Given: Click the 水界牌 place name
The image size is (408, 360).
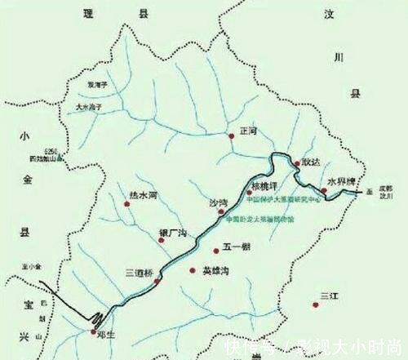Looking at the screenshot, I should (x=341, y=180).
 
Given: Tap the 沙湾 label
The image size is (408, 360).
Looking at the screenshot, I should (x=219, y=202).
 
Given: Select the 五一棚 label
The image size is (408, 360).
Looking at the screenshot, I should (x=236, y=250).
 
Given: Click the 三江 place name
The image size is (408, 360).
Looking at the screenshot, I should (x=329, y=295).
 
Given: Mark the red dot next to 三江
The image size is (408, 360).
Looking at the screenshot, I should (x=314, y=305).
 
